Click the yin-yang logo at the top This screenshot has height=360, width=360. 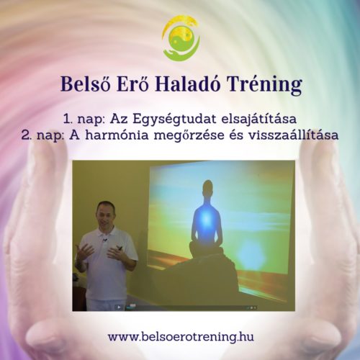click(x=181, y=38)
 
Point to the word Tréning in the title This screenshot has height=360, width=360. click(x=264, y=85)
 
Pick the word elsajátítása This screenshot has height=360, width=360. click(x=259, y=119)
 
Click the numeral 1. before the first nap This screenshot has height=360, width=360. click(x=68, y=120)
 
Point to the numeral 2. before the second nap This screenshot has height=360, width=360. click(x=27, y=135)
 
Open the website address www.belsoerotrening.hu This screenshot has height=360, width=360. click(x=181, y=336)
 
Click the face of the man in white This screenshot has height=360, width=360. click(x=105, y=215)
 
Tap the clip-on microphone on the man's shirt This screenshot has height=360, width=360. click(x=104, y=240)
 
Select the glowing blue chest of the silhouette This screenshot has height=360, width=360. click(x=205, y=218)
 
